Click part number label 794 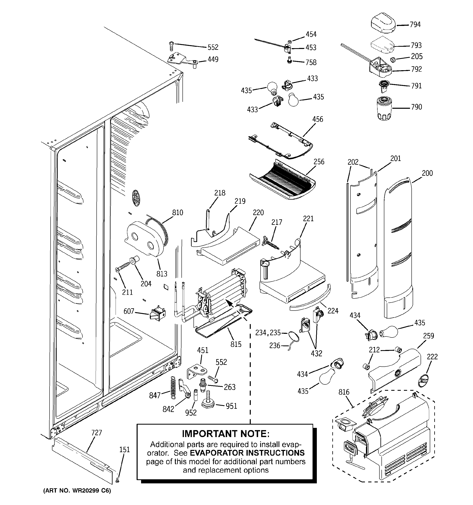(415, 25)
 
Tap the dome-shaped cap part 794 (383, 24)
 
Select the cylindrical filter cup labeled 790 (384, 108)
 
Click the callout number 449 (213, 59)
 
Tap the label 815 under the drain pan (236, 344)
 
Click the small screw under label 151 (117, 480)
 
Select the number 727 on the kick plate (96, 433)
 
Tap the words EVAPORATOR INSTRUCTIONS (247, 453)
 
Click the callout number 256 (319, 162)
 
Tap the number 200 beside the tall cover (427, 173)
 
